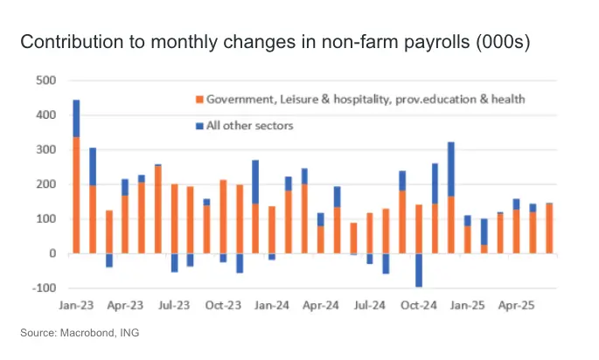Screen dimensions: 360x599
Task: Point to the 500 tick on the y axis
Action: pos(45,81)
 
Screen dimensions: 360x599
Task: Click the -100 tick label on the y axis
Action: pos(44,288)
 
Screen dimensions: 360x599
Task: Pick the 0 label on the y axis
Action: pos(52,254)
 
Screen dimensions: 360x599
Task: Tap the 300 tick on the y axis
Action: pos(45,150)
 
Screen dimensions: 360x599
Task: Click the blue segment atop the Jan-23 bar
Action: pos(76,118)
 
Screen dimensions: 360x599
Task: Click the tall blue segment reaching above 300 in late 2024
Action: pos(451,170)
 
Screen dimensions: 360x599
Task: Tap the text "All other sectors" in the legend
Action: pos(249,126)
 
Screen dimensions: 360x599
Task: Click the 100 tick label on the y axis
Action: pos(45,219)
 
